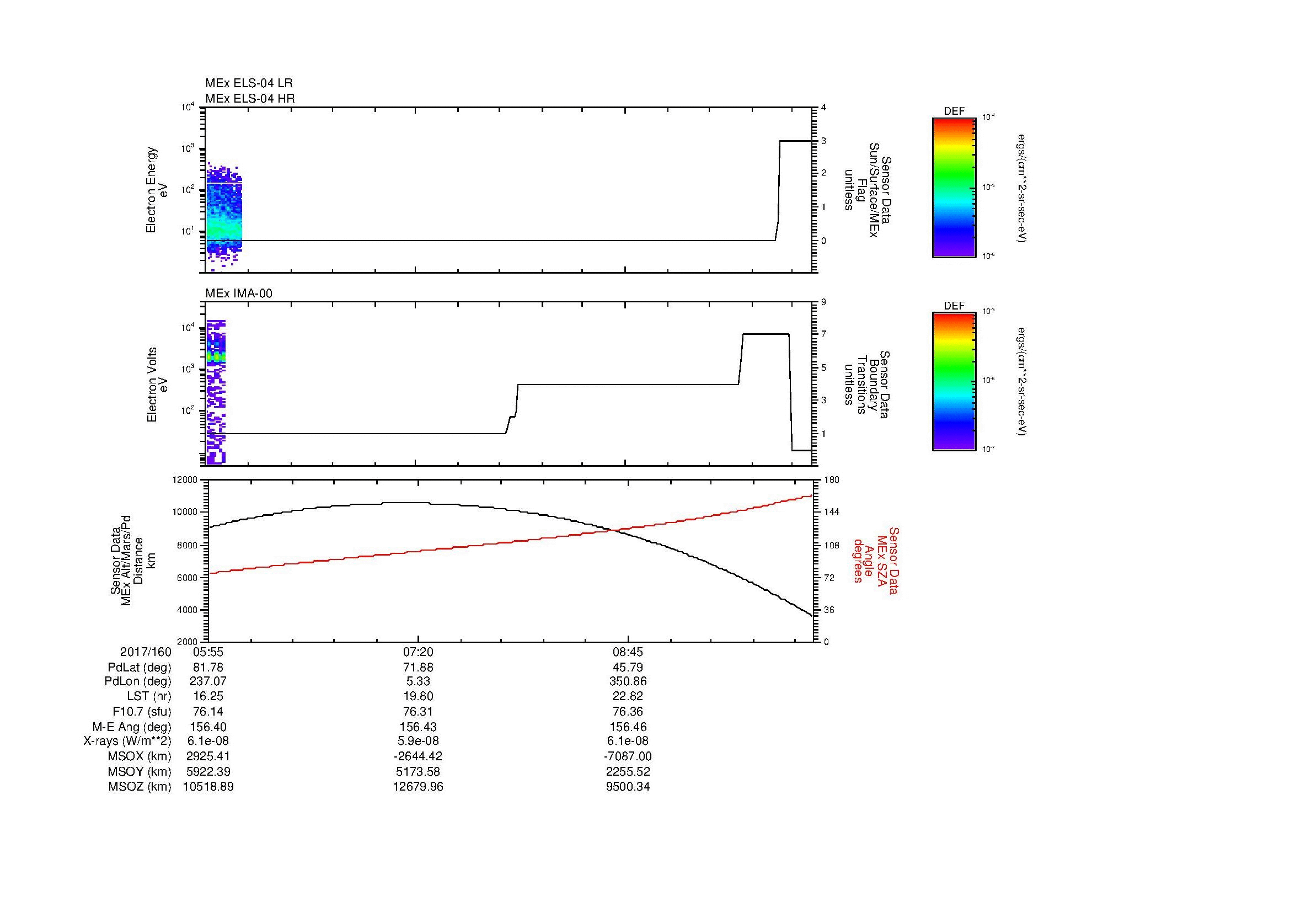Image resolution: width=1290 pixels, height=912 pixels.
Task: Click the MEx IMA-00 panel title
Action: (239, 294)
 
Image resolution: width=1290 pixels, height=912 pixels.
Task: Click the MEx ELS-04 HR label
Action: (250, 98)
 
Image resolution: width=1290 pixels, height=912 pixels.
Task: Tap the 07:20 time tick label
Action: (417, 652)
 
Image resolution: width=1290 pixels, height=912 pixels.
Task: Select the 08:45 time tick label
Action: (628, 652)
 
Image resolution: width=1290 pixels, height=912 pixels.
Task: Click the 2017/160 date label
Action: (146, 652)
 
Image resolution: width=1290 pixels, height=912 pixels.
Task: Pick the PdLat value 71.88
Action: (417, 668)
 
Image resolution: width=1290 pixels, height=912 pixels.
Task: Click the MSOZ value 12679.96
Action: (417, 787)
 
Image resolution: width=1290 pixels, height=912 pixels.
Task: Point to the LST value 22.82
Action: (628, 696)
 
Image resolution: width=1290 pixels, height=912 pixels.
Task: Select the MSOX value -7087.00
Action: (628, 756)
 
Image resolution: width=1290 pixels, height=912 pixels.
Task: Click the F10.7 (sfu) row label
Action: (142, 711)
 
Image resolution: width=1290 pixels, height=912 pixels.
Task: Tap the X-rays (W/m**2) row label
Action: (127, 741)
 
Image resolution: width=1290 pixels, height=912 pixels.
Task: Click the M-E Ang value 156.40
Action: (208, 727)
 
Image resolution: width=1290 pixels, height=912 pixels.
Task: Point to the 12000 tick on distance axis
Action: (185, 480)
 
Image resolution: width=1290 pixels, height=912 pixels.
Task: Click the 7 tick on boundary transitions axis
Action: (823, 334)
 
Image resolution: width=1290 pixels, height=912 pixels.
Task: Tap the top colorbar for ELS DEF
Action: (954, 187)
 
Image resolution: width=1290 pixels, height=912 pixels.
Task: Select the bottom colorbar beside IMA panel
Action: (954, 382)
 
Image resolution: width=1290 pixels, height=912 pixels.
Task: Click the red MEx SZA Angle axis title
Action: (876, 560)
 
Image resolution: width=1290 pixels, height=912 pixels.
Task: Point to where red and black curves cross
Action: (612, 530)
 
